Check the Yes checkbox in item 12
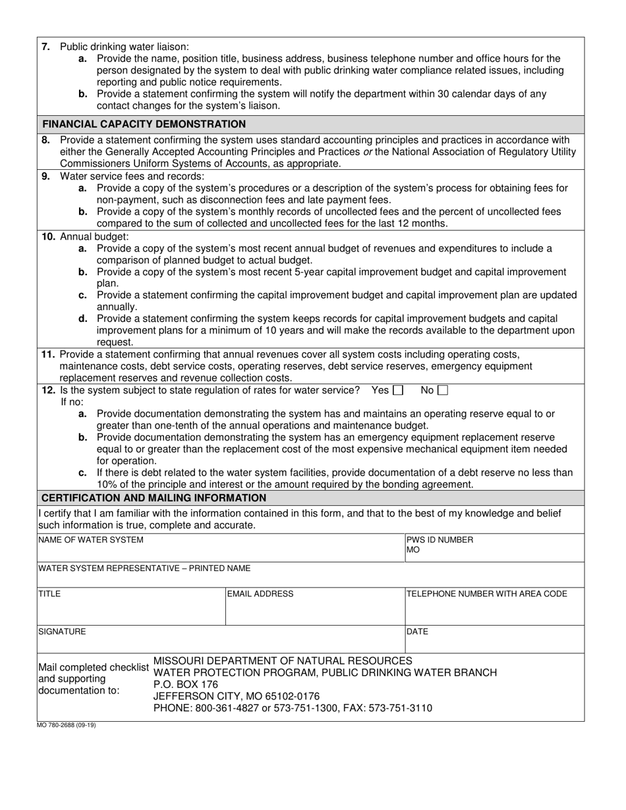pyautogui.click(x=397, y=391)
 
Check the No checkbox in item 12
pyautogui.click(x=443, y=391)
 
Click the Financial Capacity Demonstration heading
pyautogui.click(x=144, y=124)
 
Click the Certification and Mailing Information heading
pyautogui.click(x=154, y=498)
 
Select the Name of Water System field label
pyautogui.click(x=90, y=540)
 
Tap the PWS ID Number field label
pyautogui.click(x=440, y=540)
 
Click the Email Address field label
pyautogui.click(x=260, y=594)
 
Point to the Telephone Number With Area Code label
pyautogui.click(x=486, y=594)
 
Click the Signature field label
pyautogui.click(x=62, y=632)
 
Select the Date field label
pyautogui.click(x=417, y=632)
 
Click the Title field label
pyautogui.click(x=49, y=594)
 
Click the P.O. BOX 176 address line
pyautogui.click(x=185, y=684)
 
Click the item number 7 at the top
pyautogui.click(x=45, y=47)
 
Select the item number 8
pyautogui.click(x=45, y=140)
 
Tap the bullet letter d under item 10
pyautogui.click(x=82, y=319)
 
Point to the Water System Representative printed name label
pyautogui.click(x=144, y=568)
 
